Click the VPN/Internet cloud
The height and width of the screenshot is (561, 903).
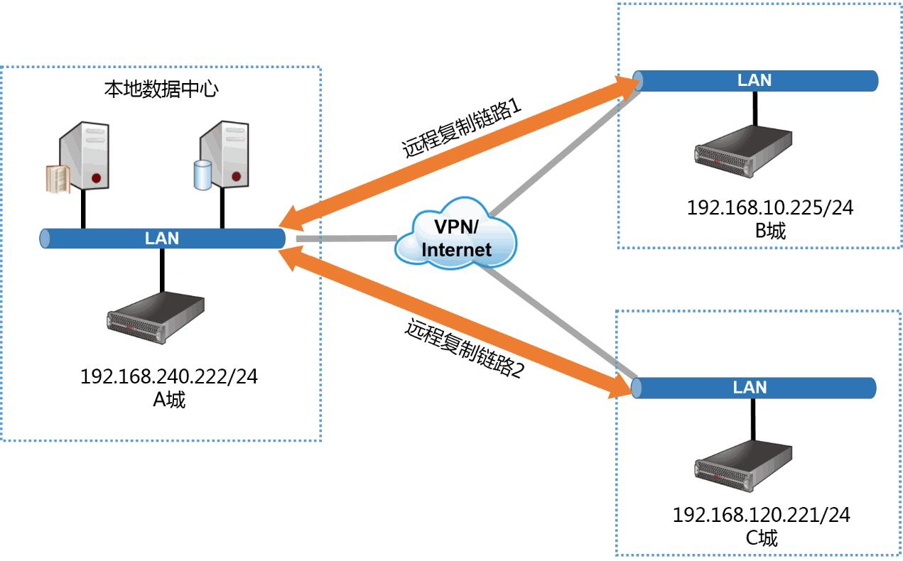point(455,238)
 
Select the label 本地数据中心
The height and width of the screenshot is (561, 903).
point(161,89)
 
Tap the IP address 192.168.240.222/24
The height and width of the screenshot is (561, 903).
point(168,376)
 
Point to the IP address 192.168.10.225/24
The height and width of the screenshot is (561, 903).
point(770,208)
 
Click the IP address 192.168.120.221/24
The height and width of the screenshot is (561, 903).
point(761,515)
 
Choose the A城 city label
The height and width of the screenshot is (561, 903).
point(169,400)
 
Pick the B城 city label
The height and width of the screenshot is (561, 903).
point(770,231)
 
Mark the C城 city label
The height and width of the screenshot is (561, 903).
point(762,538)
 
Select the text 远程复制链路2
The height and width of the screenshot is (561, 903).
point(464,349)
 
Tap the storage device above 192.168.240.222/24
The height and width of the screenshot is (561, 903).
point(156,317)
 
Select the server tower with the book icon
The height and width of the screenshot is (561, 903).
point(85,157)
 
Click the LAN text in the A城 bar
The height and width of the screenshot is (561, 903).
point(162,239)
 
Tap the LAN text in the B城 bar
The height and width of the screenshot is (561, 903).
point(754,80)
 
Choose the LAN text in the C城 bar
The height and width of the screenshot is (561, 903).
point(750,388)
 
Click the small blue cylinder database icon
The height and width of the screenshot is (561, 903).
point(202,175)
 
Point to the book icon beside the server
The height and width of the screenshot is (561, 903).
point(58,179)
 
